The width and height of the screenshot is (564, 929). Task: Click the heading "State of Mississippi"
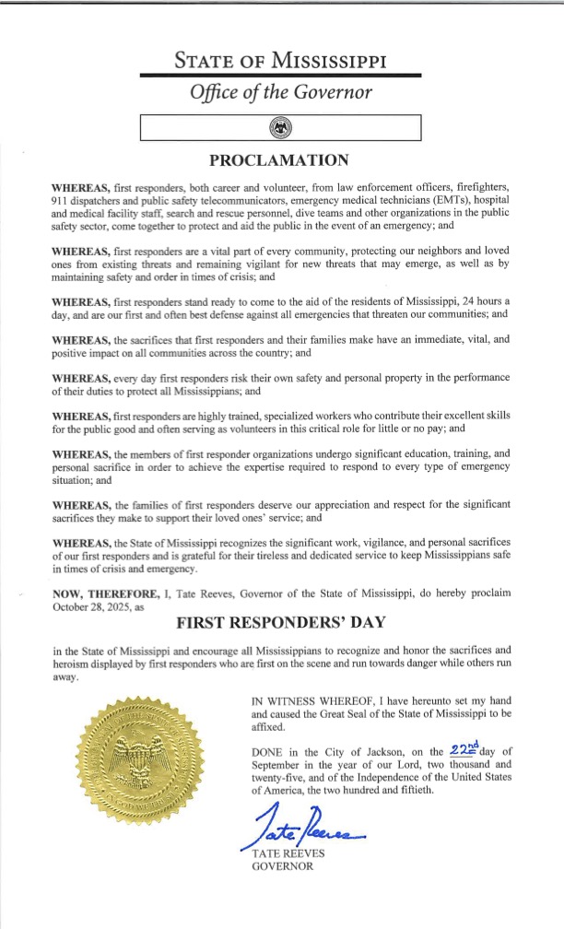pyautogui.click(x=281, y=62)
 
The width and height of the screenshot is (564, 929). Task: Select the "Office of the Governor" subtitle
pyautogui.click(x=281, y=93)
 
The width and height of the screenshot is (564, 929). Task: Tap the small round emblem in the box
pyautogui.click(x=280, y=126)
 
